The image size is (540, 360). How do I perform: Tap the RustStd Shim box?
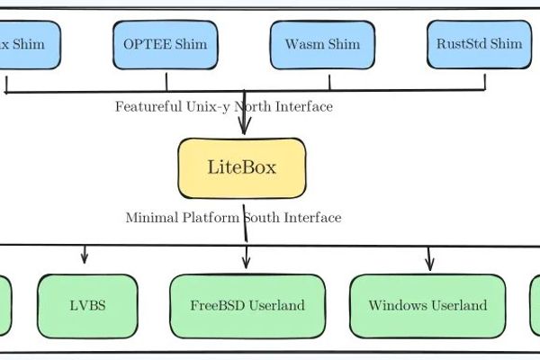pyautogui.click(x=478, y=44)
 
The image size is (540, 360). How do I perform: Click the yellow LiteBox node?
pyautogui.click(x=242, y=167)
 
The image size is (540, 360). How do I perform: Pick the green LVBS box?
pyautogui.click(x=87, y=305)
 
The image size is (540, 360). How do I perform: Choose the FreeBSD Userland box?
pyautogui.click(x=247, y=305)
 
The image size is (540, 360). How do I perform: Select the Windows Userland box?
pyautogui.click(x=427, y=305)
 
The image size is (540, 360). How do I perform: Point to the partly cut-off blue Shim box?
pyautogui.click(x=22, y=44)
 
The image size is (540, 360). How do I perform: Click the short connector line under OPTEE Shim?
pyautogui.click(x=167, y=82)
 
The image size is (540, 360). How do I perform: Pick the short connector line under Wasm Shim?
pyautogui.click(x=329, y=82)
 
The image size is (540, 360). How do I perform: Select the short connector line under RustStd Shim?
pyautogui.click(x=485, y=82)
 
